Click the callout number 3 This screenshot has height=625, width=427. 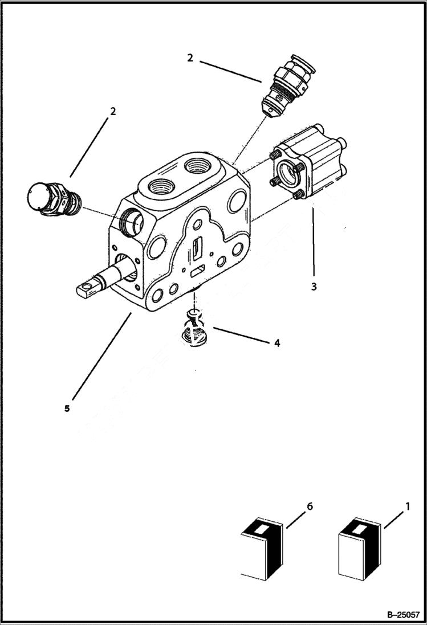(314, 287)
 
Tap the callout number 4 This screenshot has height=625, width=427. (276, 344)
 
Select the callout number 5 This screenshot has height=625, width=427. (67, 409)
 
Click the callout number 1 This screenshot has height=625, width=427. (407, 505)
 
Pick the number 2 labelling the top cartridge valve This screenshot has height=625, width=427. (190, 58)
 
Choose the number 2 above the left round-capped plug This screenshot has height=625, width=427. (113, 111)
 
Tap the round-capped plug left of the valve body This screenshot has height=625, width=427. (54, 199)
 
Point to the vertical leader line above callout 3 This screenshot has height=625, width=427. (313, 242)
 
